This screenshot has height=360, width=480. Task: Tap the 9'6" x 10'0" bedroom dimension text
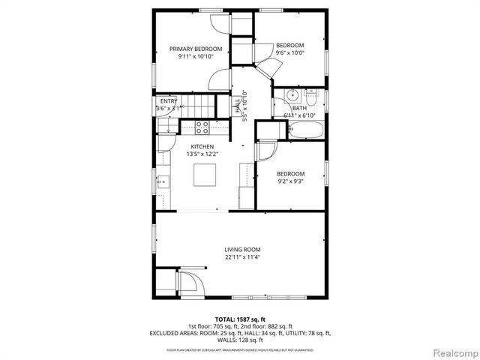tap(289, 53)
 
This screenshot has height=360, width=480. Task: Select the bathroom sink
tap(292, 97)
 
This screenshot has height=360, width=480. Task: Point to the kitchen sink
tap(161, 181)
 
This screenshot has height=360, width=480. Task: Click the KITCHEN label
tap(202, 146)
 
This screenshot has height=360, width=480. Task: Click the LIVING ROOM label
tap(241, 250)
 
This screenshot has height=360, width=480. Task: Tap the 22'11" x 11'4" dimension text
tap(241, 257)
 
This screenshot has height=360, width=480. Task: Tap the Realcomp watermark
tap(452, 352)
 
